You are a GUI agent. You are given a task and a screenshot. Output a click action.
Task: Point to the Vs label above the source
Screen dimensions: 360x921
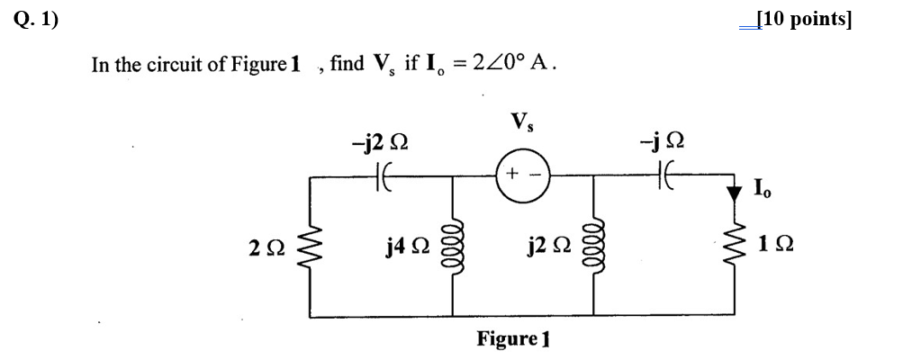(x=520, y=121)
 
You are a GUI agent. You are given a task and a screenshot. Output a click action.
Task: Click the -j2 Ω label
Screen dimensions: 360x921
(x=380, y=143)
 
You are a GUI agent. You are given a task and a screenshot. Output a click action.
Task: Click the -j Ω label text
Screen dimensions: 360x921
(x=665, y=143)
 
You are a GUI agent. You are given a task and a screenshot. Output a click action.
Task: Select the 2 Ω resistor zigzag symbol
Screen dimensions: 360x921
(x=312, y=246)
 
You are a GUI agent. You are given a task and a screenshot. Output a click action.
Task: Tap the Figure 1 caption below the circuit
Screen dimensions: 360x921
(x=512, y=339)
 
